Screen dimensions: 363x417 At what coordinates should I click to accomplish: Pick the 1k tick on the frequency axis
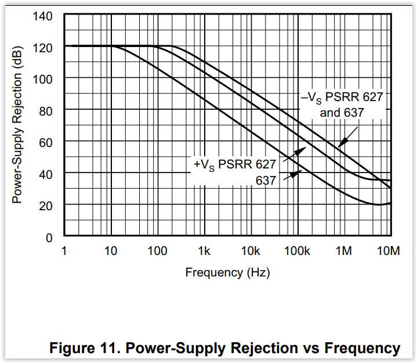point(204,251)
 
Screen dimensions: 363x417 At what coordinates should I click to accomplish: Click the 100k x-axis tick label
point(297,251)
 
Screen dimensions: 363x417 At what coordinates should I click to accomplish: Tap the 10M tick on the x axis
point(389,251)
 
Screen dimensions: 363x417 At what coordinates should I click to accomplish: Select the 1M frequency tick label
point(344,251)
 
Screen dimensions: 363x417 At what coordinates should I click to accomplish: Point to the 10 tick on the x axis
point(111,251)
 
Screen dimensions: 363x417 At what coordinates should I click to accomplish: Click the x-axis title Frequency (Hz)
point(227,272)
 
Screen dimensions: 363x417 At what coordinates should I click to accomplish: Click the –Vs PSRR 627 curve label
point(342,97)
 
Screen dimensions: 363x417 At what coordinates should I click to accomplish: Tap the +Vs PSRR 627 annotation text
point(234,164)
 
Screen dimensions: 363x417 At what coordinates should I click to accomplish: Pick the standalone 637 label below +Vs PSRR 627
point(266,181)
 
